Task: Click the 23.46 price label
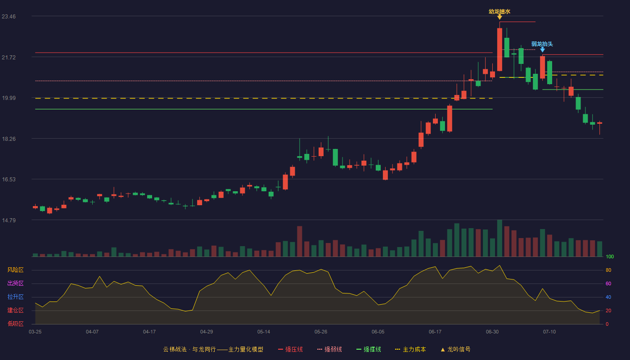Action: pyautogui.click(x=9, y=17)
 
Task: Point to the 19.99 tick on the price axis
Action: pyautogui.click(x=9, y=98)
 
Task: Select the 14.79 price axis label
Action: pyautogui.click(x=9, y=220)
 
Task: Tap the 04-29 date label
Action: pyautogui.click(x=207, y=332)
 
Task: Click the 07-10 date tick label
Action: pyautogui.click(x=549, y=332)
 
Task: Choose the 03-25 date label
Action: pyautogui.click(x=35, y=332)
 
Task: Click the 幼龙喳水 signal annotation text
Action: pyautogui.click(x=499, y=12)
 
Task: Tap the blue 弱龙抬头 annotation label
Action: pyautogui.click(x=542, y=44)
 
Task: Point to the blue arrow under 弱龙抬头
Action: pyautogui.click(x=543, y=50)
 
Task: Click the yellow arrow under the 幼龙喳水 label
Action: pyautogui.click(x=499, y=17)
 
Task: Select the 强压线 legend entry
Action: pyautogui.click(x=290, y=349)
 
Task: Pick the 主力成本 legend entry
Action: pyautogui.click(x=410, y=349)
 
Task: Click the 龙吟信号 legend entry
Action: pyautogui.click(x=455, y=349)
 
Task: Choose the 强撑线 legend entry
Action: pyautogui.click(x=369, y=349)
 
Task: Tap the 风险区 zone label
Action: pyautogui.click(x=15, y=270)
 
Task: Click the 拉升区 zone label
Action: pyautogui.click(x=15, y=297)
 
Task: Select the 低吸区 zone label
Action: pyautogui.click(x=15, y=324)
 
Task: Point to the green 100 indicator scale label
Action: pyautogui.click(x=610, y=256)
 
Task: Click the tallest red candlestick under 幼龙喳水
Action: pyautogui.click(x=499, y=49)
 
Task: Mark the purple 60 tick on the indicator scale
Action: pyautogui.click(x=608, y=283)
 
